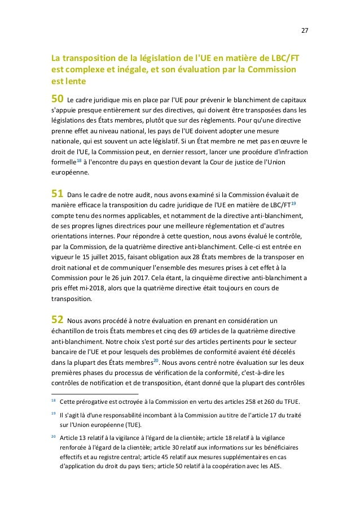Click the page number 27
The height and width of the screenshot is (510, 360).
(x=305, y=30)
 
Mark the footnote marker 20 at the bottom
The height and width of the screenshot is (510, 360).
(x=53, y=437)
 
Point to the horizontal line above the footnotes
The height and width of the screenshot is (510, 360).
(x=95, y=393)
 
